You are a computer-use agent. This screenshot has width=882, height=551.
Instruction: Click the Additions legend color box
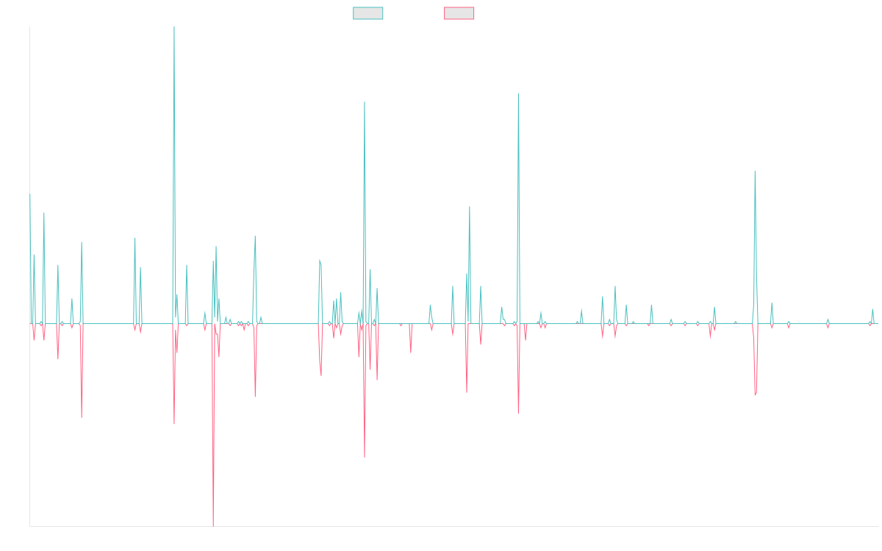368,13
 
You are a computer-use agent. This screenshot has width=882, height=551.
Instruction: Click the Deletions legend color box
459,13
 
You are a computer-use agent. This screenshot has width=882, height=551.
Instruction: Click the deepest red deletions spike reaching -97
213,525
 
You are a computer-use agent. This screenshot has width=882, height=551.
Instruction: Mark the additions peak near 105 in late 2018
365,102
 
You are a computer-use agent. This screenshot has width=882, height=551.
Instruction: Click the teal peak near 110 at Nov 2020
518,94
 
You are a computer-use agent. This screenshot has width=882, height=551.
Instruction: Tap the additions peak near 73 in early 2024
755,171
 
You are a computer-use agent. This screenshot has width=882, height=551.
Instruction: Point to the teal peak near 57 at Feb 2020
469,206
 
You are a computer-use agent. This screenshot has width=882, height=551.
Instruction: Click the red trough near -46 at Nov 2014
82,417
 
